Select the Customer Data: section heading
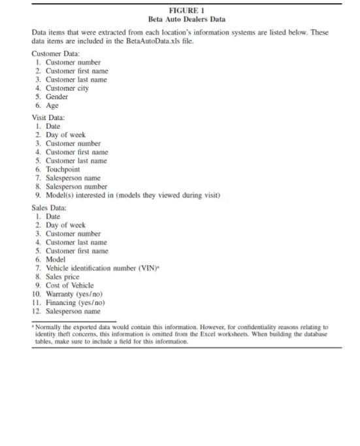(56, 54)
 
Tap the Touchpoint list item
(65, 168)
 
